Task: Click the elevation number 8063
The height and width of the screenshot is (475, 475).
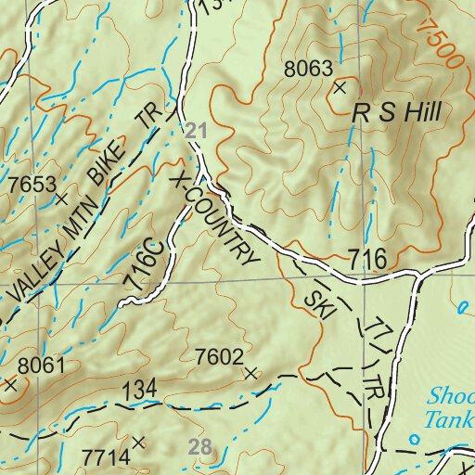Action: pyautogui.click(x=307, y=68)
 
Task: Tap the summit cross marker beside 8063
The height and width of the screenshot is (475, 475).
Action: pyautogui.click(x=340, y=88)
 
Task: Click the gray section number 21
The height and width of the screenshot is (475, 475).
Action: pyautogui.click(x=193, y=131)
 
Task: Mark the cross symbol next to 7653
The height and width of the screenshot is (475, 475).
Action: pyautogui.click(x=62, y=199)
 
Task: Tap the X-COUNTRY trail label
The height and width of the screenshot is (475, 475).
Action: pyautogui.click(x=215, y=220)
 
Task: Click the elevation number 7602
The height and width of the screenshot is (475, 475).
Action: pyautogui.click(x=219, y=356)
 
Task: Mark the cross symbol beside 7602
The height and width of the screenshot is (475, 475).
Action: pyautogui.click(x=250, y=373)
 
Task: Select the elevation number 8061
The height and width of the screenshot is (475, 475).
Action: pyautogui.click(x=41, y=365)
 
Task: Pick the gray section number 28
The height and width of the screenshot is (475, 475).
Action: pyautogui.click(x=200, y=446)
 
